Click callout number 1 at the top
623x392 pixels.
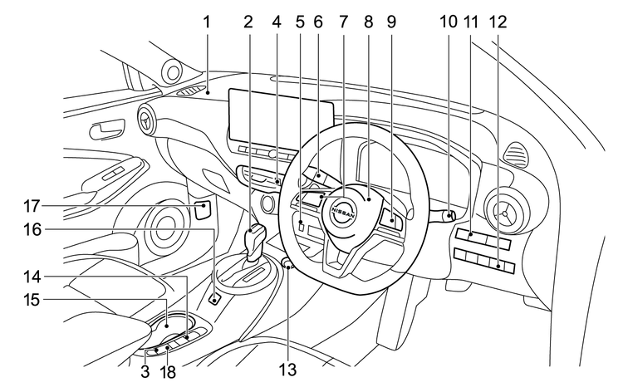206,22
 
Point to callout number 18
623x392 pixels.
168,373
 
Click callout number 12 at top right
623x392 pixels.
498,22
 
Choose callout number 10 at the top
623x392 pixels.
449,22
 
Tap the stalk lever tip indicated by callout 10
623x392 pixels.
449,218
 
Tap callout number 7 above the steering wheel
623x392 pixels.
343,22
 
